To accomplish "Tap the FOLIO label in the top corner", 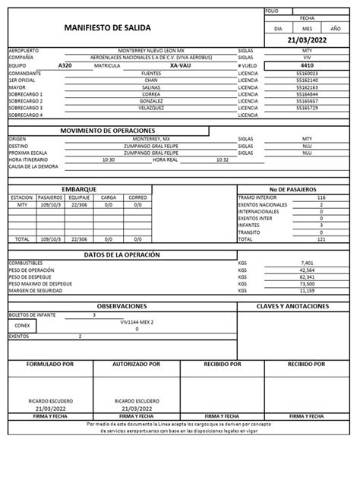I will pyautogui.click(x=272, y=11).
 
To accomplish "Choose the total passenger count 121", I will pyautogui.click(x=321, y=238).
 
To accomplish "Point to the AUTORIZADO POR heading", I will pyautogui.click(x=137, y=364).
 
